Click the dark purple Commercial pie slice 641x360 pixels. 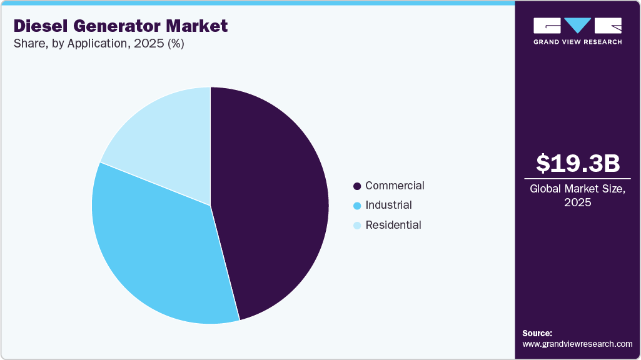click(x=275, y=200)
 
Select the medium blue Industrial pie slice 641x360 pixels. click(x=156, y=250)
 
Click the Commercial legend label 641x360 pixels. click(x=395, y=186)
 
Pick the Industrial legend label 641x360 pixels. click(x=388, y=205)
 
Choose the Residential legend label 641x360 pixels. click(x=393, y=225)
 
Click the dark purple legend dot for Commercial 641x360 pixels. click(x=357, y=186)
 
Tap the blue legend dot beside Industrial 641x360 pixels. click(x=357, y=206)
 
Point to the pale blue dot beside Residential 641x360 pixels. click(x=357, y=226)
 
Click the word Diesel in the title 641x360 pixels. click(x=39, y=26)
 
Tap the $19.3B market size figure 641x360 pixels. click(x=578, y=163)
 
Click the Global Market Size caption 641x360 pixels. click(x=578, y=189)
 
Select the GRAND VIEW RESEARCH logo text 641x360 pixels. click(x=577, y=42)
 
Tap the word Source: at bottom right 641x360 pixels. click(x=537, y=333)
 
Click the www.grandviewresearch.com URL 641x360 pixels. click(x=577, y=344)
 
